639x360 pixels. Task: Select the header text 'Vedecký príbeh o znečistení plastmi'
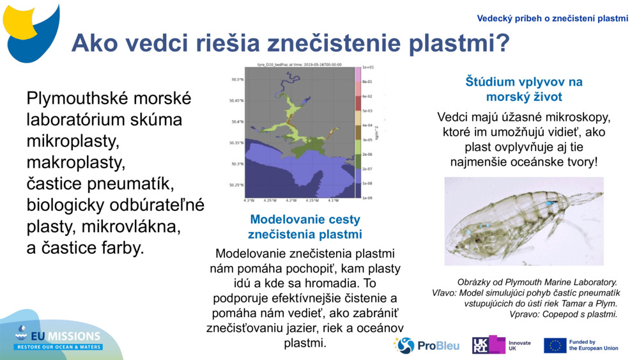[x=553, y=19]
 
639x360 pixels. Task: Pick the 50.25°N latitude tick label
[x=236, y=185]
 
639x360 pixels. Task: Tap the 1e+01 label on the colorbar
[x=368, y=67]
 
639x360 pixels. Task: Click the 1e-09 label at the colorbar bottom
[x=368, y=198]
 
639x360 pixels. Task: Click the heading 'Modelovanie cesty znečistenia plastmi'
[x=305, y=226]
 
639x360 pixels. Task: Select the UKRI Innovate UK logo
[x=502, y=345]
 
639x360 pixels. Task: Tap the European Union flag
[x=555, y=345]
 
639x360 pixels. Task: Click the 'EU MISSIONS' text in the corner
[x=67, y=336]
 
